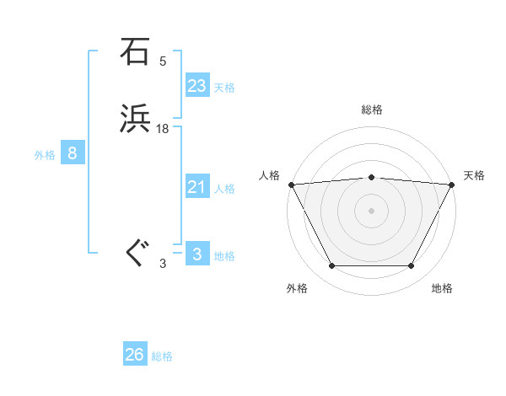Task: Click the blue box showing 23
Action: (197, 86)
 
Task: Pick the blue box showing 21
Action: (197, 187)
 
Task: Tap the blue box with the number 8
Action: (73, 153)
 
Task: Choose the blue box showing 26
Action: (135, 355)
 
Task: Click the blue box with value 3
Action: (197, 254)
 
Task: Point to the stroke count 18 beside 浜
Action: (163, 129)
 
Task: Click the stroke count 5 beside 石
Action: (163, 62)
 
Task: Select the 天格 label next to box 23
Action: (224, 88)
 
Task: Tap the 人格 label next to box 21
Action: (224, 189)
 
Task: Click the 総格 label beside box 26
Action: (162, 356)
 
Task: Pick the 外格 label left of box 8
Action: (45, 155)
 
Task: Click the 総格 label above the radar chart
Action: (371, 110)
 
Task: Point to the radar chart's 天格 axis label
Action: (475, 175)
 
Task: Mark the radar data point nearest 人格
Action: (290, 184)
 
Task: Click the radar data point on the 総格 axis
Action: (371, 177)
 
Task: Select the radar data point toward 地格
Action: (411, 265)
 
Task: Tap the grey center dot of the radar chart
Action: (371, 210)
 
